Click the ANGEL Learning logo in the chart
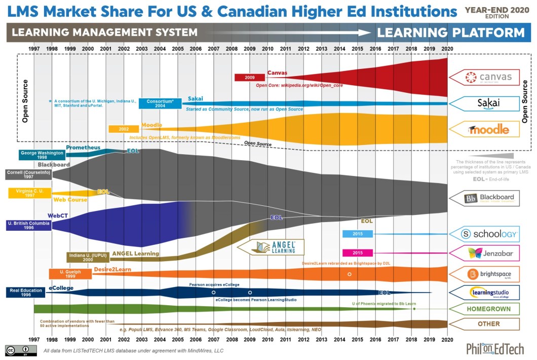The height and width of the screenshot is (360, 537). point(272,247)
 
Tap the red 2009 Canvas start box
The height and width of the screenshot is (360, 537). point(249,78)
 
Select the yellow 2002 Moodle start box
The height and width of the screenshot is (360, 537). point(124,129)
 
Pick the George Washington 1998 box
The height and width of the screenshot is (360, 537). point(42,155)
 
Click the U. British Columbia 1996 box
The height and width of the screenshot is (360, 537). point(29,225)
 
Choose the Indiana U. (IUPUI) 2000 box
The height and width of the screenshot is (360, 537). point(88,257)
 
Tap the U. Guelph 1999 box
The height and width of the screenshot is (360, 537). point(70,274)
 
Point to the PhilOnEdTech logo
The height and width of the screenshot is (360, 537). point(494,348)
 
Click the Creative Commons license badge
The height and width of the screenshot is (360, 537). point(21,350)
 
